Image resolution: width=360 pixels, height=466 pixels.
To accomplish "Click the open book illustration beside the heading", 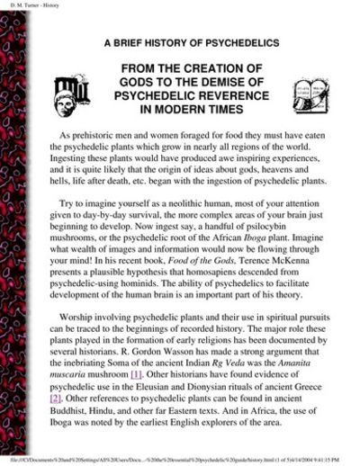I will (x=310, y=94).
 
